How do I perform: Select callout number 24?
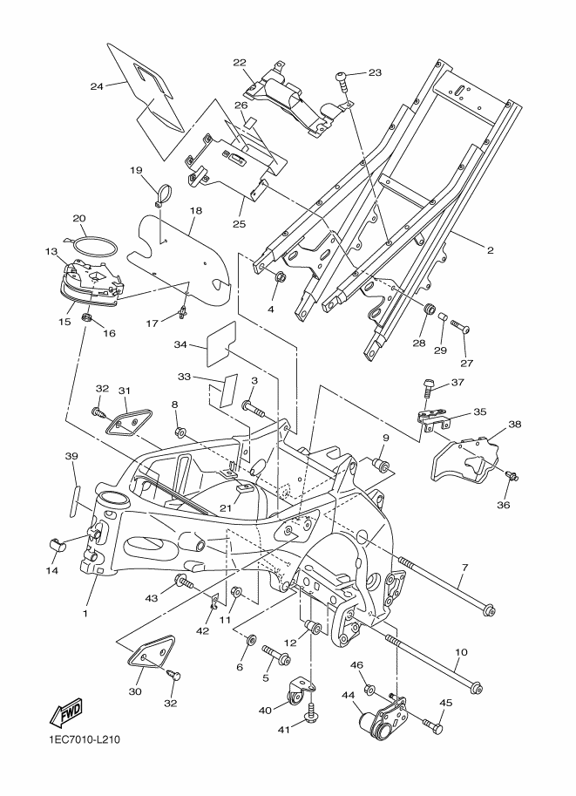[97, 86]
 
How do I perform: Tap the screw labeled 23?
[342, 79]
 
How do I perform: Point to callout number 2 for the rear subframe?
[491, 250]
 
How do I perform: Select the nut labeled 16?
[87, 319]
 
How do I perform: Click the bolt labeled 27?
[460, 325]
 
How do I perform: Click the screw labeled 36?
[512, 476]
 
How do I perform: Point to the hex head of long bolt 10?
[476, 689]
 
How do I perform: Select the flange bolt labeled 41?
[311, 711]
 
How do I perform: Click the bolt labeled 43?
[184, 582]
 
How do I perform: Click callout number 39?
[71, 456]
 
